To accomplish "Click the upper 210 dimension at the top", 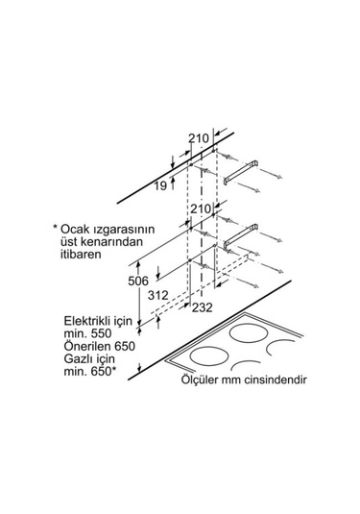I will pyautogui.click(x=199, y=138).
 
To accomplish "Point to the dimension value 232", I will pyautogui.click(x=203, y=307).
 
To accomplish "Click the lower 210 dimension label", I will pyautogui.click(x=200, y=208).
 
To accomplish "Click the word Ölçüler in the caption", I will pyautogui.click(x=203, y=380).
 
